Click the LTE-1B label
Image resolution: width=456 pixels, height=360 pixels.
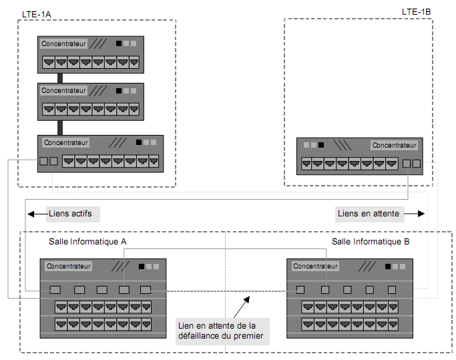coord(415,11)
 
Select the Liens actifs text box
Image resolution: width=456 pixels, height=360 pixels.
coord(73,214)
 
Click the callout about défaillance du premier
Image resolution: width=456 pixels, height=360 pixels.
coord(222,331)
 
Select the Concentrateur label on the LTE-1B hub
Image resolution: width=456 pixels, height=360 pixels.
coord(395,145)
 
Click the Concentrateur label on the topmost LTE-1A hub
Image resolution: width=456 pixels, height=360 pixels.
coord(64,44)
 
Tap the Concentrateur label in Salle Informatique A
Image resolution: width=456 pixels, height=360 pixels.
coord(69,266)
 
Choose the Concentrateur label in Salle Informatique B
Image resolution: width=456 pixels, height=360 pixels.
coord(316,266)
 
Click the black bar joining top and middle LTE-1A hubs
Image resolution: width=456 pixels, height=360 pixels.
coord(59,77)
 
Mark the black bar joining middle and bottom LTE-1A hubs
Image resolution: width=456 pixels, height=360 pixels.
coord(59,126)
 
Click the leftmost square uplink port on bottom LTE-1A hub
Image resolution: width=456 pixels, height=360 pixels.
coord(43,161)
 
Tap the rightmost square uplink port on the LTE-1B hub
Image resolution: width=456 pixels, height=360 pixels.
coord(417,163)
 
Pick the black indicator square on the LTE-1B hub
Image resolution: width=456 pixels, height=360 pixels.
coord(321,145)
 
